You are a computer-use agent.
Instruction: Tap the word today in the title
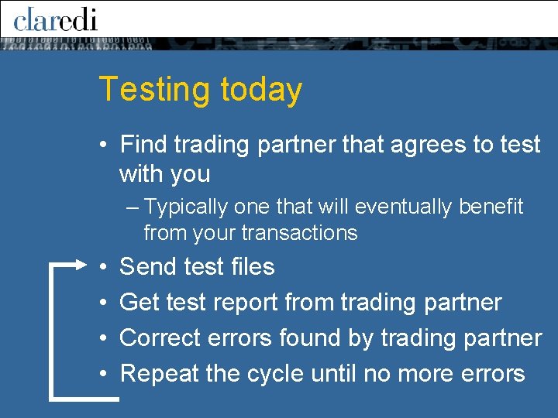tap(260, 90)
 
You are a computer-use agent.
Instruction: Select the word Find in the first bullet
tap(144, 145)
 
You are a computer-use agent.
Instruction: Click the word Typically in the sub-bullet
tap(186, 207)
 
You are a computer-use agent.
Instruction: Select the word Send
tap(148, 267)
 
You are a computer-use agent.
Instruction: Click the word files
tap(250, 267)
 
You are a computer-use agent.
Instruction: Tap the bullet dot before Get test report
tap(104, 303)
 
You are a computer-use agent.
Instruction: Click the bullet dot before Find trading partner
tap(104, 146)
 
